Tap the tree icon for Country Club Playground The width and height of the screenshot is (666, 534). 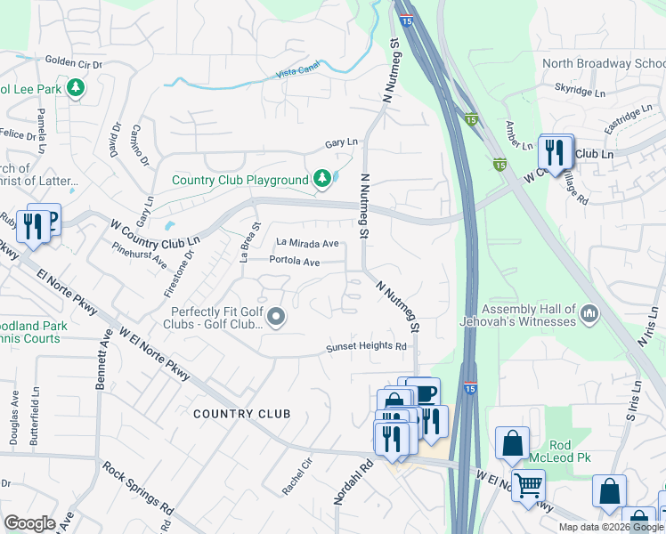tap(322, 180)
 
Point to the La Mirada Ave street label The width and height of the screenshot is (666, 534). tap(307, 243)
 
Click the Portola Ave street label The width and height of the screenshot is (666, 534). tap(294, 262)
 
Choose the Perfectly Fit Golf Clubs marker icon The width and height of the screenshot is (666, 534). tap(277, 317)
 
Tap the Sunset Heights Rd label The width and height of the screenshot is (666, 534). tap(366, 347)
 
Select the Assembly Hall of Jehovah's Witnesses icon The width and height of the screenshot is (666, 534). tap(589, 313)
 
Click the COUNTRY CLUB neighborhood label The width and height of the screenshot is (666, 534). tap(241, 414)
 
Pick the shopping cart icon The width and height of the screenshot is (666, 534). tap(528, 486)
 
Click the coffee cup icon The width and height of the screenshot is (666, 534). tap(425, 392)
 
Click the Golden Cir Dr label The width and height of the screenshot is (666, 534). tap(74, 62)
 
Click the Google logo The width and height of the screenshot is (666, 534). tap(29, 523)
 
